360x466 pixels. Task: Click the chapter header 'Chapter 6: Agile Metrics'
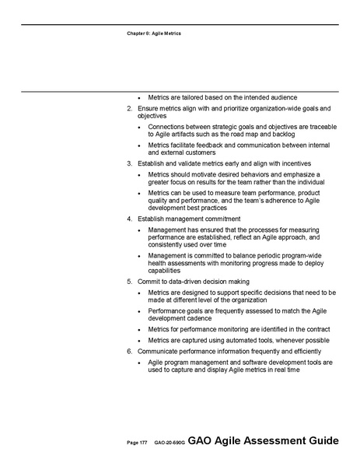tap(152, 33)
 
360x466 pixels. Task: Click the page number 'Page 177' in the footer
tap(137, 443)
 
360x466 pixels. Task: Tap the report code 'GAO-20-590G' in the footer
tap(169, 443)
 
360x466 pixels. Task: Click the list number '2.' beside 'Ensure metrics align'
tap(129, 107)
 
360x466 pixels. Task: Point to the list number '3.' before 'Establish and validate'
tap(129, 163)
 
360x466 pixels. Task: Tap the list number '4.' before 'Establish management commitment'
tap(129, 219)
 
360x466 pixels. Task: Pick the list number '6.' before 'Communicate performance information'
tap(129, 351)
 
